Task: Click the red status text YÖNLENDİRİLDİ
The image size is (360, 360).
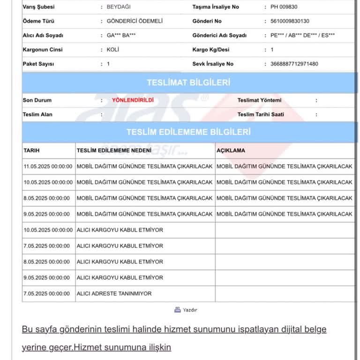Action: [x=133, y=100]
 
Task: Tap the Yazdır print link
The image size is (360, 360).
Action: [x=186, y=310]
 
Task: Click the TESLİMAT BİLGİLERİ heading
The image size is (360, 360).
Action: [x=188, y=83]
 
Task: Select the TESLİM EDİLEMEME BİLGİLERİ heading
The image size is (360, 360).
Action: [x=188, y=132]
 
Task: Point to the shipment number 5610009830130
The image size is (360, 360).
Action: [x=290, y=21]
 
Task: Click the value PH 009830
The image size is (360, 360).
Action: [x=284, y=7]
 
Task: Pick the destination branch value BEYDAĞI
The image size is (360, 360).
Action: [x=121, y=7]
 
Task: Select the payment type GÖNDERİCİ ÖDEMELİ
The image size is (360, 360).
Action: [x=135, y=21]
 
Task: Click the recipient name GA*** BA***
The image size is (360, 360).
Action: [x=121, y=35]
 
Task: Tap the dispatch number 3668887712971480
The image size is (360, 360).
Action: [x=294, y=64]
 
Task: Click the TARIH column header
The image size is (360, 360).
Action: [x=31, y=150]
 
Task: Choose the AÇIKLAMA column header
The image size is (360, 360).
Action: [x=231, y=150]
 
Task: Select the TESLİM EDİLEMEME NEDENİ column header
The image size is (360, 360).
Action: [x=114, y=150]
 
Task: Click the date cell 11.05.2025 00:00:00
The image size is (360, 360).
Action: [x=48, y=166]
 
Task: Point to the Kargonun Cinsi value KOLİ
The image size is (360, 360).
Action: [x=113, y=50]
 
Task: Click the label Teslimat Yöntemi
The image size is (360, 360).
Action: [x=259, y=100]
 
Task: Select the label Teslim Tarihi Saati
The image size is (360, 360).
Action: [x=261, y=114]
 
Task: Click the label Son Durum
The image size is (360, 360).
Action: [x=37, y=100]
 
